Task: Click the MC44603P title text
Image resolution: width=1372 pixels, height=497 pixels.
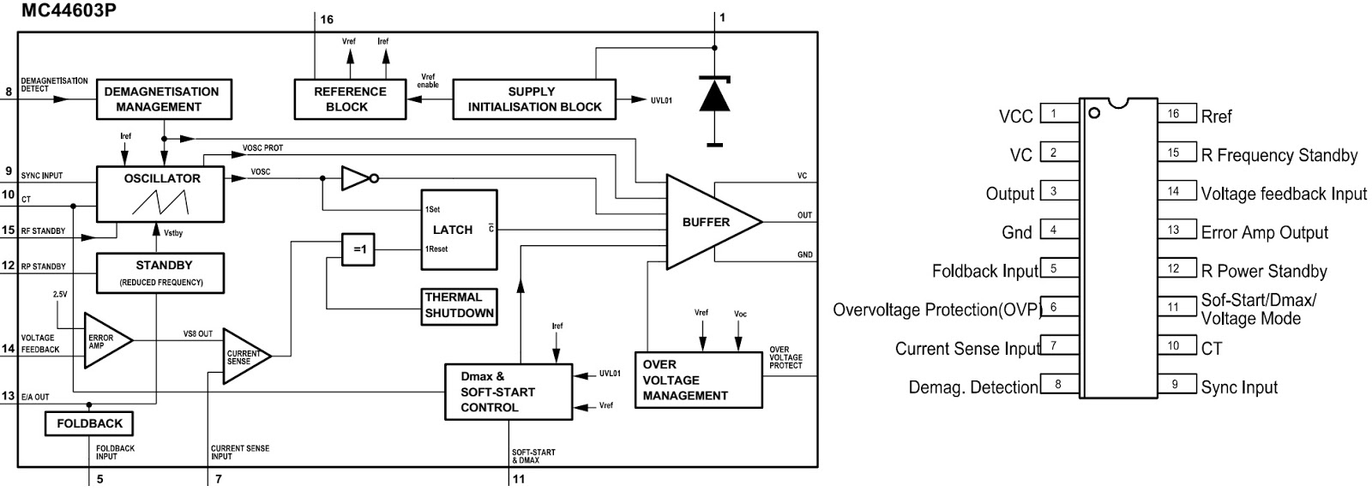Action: point(57,11)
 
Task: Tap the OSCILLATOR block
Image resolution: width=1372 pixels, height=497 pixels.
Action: point(160,194)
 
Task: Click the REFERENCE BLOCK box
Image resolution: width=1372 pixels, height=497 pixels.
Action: point(350,99)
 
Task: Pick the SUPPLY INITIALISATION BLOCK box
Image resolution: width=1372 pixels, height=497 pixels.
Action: point(534,99)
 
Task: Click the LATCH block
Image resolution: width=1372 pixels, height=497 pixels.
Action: point(459,230)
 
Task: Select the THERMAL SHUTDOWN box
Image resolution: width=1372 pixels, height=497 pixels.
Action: point(459,305)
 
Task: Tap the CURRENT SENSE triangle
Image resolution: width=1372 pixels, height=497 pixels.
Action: point(243,356)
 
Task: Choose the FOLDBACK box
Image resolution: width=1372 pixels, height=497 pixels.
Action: point(89,423)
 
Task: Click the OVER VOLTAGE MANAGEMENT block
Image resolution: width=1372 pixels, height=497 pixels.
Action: point(698,380)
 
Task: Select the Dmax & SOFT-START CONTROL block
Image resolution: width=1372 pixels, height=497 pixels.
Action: point(508,392)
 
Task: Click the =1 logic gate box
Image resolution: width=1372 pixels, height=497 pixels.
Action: point(358,249)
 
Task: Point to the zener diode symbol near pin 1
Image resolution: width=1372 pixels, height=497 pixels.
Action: point(714,94)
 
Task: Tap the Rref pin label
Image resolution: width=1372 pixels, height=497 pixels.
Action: point(1216,117)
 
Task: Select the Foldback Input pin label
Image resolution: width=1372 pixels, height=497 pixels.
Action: point(984,272)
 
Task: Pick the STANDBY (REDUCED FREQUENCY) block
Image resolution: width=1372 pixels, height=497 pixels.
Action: point(160,273)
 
